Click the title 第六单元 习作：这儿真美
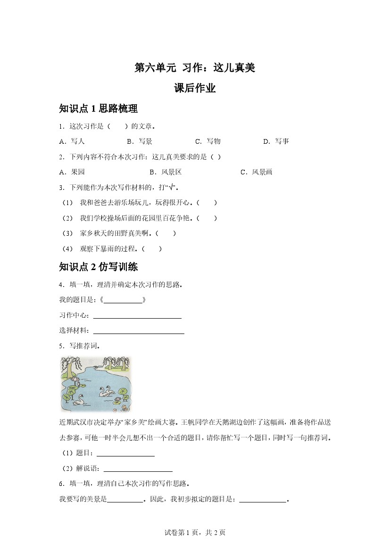point(195,68)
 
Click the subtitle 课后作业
point(195,88)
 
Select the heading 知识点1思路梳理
point(98,109)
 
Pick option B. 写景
point(140,141)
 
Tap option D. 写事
point(276,141)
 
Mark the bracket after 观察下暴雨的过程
point(152,248)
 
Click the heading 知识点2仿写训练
point(98,267)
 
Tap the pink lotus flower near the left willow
point(74,380)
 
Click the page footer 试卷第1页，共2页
point(195,533)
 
